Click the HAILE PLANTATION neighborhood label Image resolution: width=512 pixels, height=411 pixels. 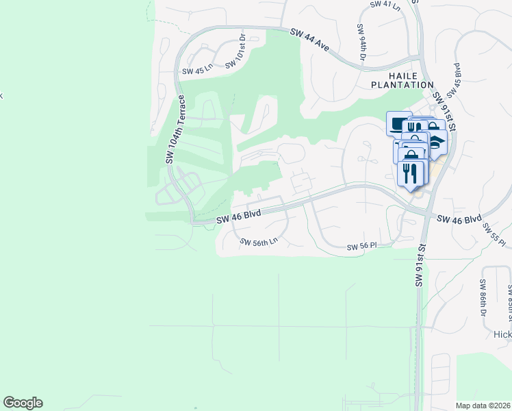pos(402,79)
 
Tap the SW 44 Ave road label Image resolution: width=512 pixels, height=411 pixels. pos(310,40)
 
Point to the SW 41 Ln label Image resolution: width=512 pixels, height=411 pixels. pos(385,4)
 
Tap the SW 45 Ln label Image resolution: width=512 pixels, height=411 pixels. pos(198,71)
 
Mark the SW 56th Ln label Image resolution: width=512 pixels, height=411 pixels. pos(259,241)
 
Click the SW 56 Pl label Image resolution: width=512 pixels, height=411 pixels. pos(362,247)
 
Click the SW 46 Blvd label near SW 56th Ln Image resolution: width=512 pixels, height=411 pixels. pos(240,216)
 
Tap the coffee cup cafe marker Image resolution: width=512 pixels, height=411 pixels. pos(399,123)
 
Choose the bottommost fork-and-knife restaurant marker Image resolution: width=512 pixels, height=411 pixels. pos(410,173)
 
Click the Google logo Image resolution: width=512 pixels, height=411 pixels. pos(23,403)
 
